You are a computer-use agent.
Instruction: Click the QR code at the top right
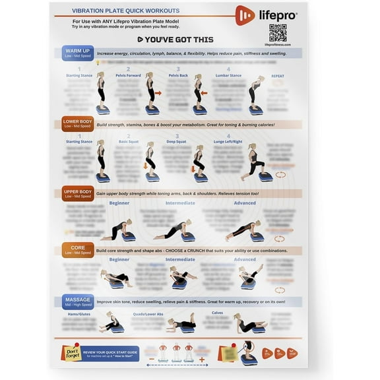[x=278, y=32]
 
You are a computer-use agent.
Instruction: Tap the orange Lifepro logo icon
[x=245, y=15]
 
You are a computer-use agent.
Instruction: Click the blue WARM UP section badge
[x=78, y=53]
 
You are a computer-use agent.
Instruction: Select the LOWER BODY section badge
[x=78, y=124]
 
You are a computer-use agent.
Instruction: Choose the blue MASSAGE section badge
[x=78, y=302]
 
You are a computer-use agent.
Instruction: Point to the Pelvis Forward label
[x=129, y=75]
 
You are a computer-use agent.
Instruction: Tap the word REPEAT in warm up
[x=278, y=76]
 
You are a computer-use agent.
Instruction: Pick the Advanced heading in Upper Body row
[x=245, y=203]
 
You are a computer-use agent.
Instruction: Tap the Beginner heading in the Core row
[x=119, y=259]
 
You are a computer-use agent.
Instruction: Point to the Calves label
[x=217, y=312]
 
